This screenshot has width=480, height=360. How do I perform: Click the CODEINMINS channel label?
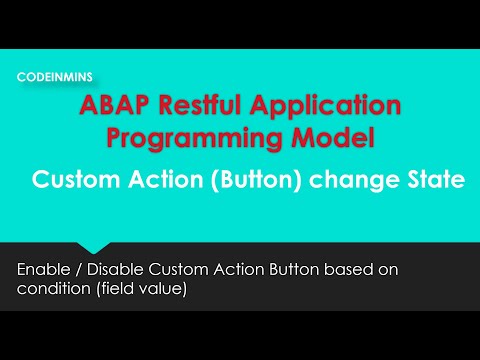click(55, 76)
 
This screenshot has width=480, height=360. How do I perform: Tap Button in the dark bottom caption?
click(295, 270)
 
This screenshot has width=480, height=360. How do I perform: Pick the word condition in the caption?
click(51, 289)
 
